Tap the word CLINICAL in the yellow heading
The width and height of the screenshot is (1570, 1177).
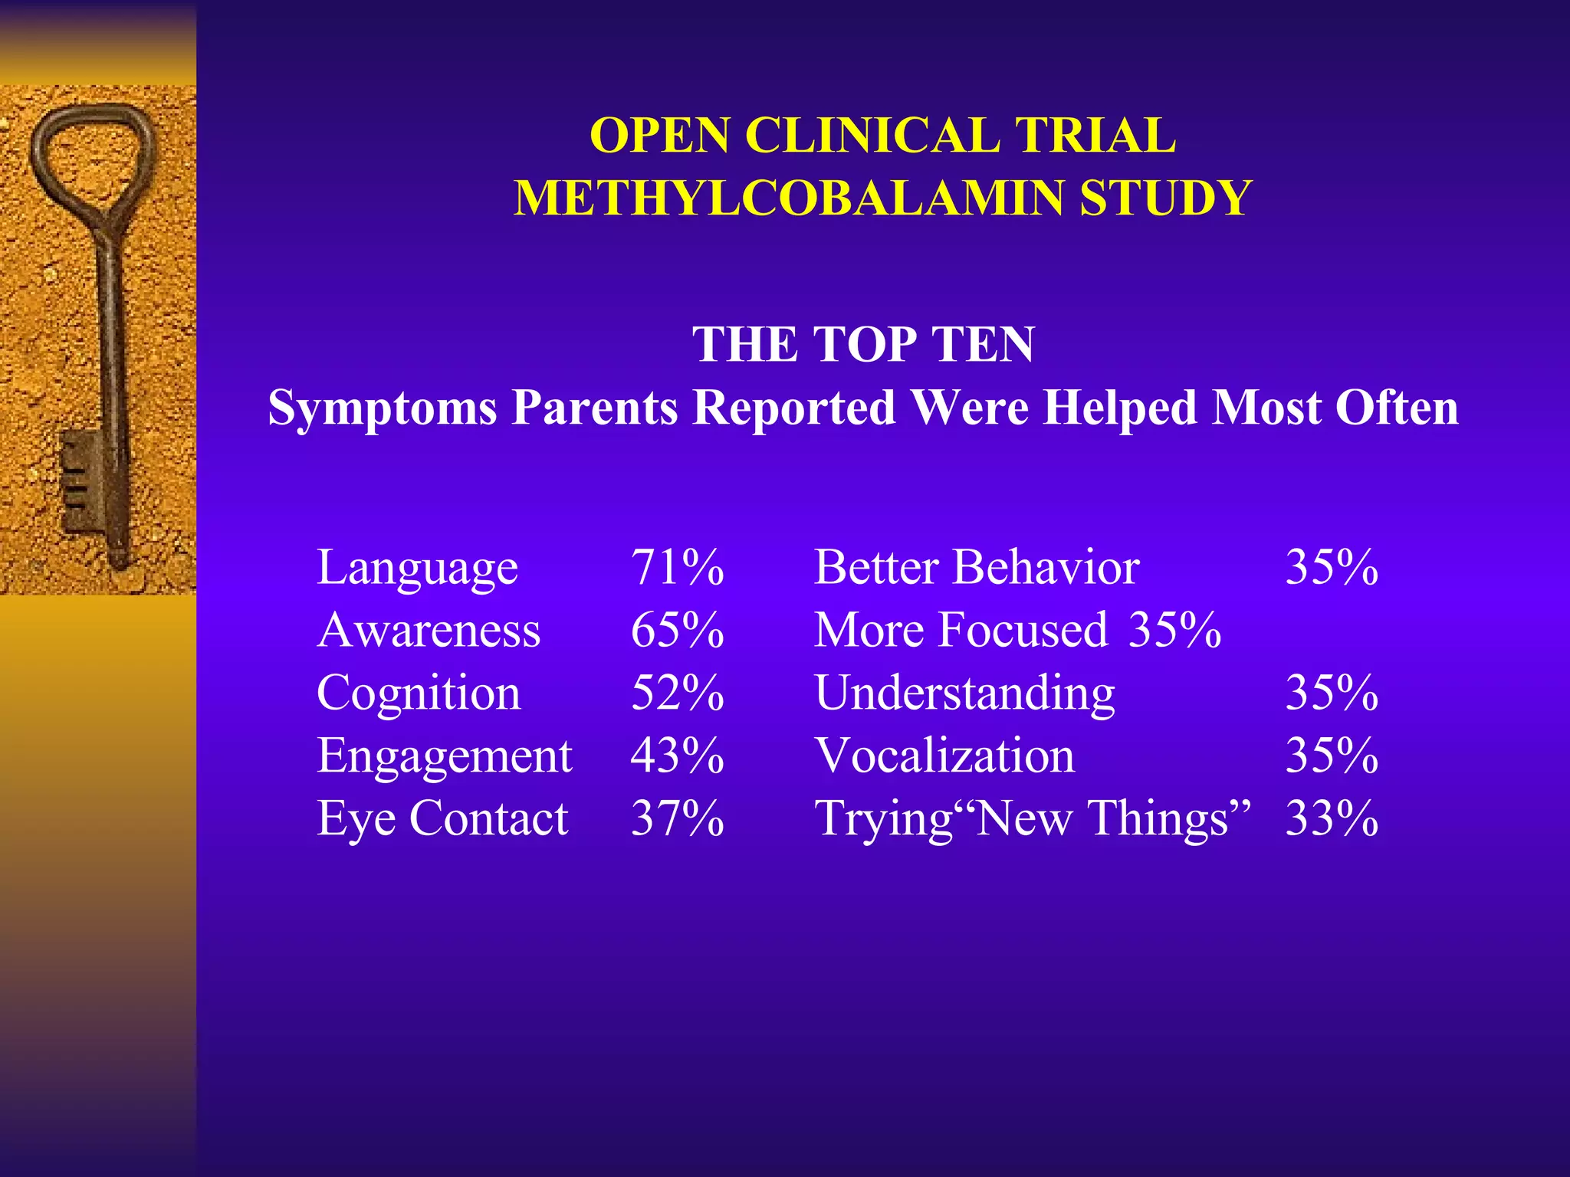point(872,136)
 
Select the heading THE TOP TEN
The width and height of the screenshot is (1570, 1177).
point(863,344)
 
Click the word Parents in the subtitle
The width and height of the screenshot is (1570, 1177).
point(594,407)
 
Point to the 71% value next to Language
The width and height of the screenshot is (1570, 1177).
point(677,568)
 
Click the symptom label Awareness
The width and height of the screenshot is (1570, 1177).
point(429,631)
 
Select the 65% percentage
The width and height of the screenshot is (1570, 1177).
point(677,631)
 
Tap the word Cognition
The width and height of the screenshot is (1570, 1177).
point(419,693)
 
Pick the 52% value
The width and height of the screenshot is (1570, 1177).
point(677,693)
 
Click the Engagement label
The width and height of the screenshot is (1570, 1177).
point(444,756)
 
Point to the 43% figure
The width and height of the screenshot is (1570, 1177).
point(677,756)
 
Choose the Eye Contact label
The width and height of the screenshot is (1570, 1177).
point(442,819)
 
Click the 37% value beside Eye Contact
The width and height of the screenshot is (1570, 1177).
point(677,819)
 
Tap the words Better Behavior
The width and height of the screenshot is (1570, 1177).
point(976,568)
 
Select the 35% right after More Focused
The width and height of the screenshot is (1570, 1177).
point(1174,631)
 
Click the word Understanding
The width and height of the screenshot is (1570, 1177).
point(964,693)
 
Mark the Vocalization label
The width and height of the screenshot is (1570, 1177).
point(944,756)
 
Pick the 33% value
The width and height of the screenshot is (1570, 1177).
point(1332,819)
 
